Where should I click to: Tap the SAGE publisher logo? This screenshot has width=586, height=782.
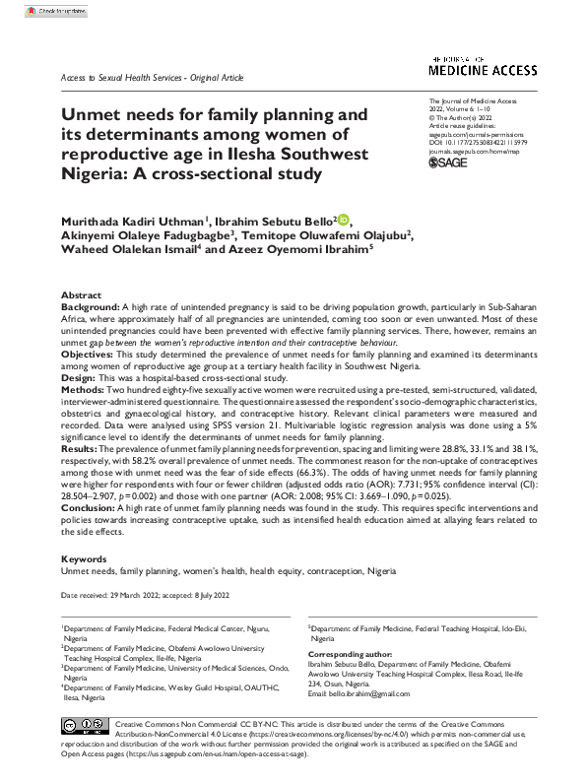point(449,162)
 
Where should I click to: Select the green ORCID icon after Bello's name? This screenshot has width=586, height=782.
point(345,219)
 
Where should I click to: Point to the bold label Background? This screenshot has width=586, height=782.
point(92,307)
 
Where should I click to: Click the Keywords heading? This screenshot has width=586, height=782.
point(83,557)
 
